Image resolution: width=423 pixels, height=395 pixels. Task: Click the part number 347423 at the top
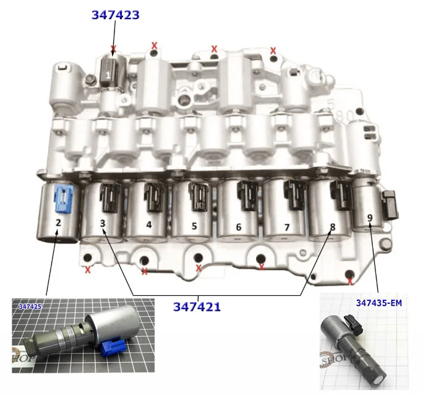click(x=116, y=15)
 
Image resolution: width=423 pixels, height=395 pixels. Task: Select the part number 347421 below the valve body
click(x=197, y=306)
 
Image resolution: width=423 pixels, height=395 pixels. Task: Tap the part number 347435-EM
click(x=379, y=303)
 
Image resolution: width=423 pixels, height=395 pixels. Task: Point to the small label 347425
click(x=30, y=306)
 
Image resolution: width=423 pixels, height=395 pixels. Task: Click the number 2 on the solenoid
click(x=58, y=222)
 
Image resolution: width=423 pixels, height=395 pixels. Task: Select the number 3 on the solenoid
click(x=103, y=224)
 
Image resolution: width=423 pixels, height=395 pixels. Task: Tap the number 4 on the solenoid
click(x=149, y=225)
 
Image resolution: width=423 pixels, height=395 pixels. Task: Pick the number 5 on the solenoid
click(x=194, y=226)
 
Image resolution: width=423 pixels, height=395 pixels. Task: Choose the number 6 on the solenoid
click(x=239, y=227)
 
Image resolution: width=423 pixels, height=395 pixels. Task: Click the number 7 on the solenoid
click(x=287, y=227)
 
